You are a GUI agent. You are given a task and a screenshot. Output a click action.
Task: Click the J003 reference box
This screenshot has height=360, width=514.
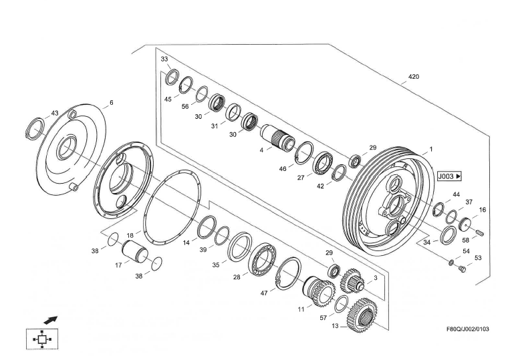pyautogui.click(x=450, y=177)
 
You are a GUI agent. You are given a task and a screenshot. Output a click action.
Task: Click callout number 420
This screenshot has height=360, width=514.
pyautogui.click(x=414, y=77)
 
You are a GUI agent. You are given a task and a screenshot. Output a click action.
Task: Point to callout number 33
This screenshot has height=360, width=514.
pyautogui.click(x=164, y=59)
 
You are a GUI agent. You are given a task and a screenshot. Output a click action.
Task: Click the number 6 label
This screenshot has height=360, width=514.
pyautogui.click(x=111, y=103)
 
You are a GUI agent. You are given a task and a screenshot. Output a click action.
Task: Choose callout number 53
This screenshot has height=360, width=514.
pyautogui.click(x=477, y=257)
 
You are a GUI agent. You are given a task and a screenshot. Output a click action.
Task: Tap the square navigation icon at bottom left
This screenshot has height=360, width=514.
pyautogui.click(x=41, y=339)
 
